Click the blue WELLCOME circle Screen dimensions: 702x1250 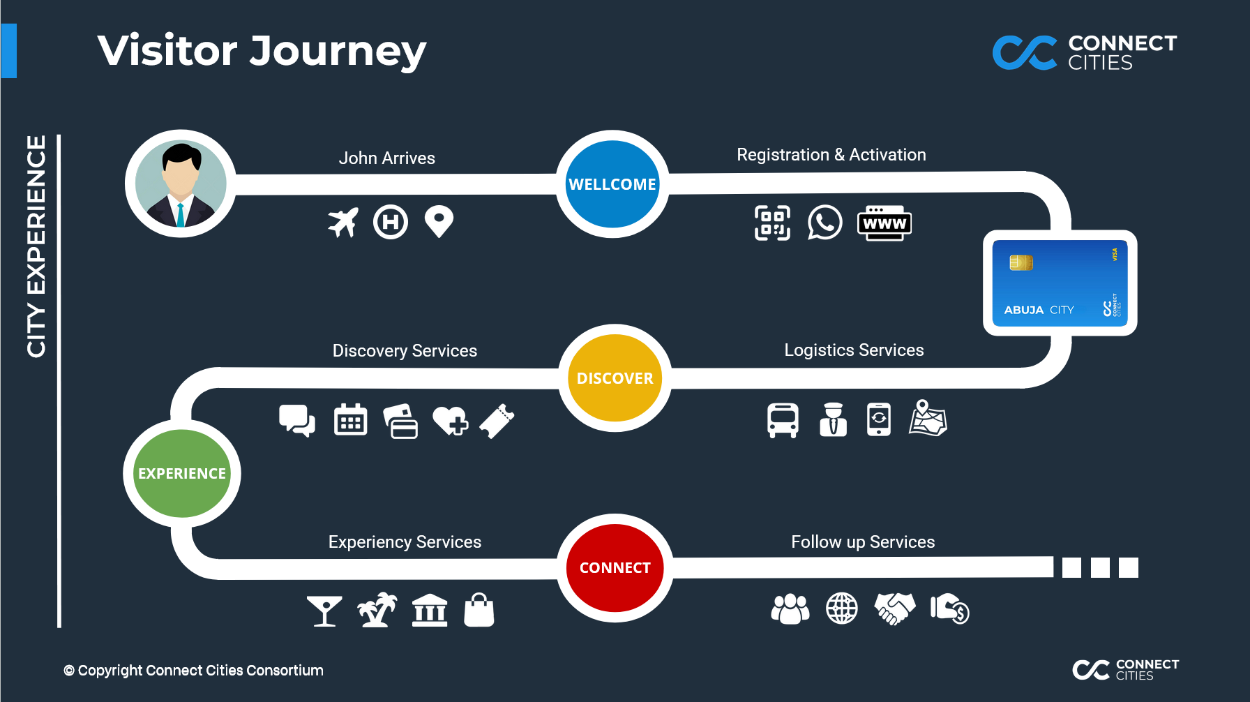pyautogui.click(x=612, y=184)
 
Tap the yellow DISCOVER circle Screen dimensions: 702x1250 pyautogui.click(x=615, y=378)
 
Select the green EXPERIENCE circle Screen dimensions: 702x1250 pyautogui.click(x=181, y=473)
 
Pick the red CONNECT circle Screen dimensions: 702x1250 pyautogui.click(x=615, y=568)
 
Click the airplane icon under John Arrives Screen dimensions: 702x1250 pyautogui.click(x=343, y=223)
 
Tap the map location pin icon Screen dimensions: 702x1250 pyautogui.click(x=439, y=221)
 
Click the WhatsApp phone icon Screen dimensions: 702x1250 pyautogui.click(x=824, y=223)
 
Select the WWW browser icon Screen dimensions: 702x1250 pyautogui.click(x=884, y=223)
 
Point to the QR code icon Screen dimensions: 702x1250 pyautogui.click(x=772, y=223)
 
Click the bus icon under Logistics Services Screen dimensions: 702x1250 pyautogui.click(x=783, y=420)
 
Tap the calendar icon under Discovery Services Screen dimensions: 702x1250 pyautogui.click(x=350, y=420)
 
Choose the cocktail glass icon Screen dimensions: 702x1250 pyautogui.click(x=324, y=611)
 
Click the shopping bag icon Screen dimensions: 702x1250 pyautogui.click(x=479, y=610)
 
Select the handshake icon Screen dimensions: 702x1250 pyautogui.click(x=895, y=608)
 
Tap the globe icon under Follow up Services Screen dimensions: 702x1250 pyautogui.click(x=842, y=608)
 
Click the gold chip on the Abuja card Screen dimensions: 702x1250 pyautogui.click(x=1021, y=262)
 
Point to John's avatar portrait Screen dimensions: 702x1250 pyautogui.click(x=181, y=184)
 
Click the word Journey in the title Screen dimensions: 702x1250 pyautogui.click(x=338, y=52)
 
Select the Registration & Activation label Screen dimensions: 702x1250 pyautogui.click(x=831, y=155)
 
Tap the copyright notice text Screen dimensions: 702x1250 pyautogui.click(x=193, y=671)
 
